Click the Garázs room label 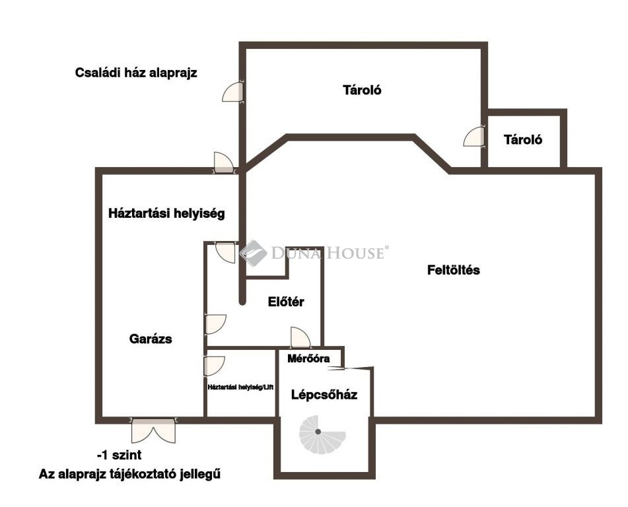pos(151,339)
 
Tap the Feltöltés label pos(454,270)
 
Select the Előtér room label pos(286,302)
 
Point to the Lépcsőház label pos(324,395)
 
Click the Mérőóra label pos(308,358)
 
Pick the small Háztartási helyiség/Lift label pos(240,388)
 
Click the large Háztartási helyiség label pos(166,213)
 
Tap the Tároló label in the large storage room pos(362,90)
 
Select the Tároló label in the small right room pos(523,139)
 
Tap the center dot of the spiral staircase pos(318,432)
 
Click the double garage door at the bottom pos(153,430)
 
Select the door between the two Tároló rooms pos(474,137)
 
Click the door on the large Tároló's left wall pos(233,92)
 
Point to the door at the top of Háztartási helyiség pos(225,163)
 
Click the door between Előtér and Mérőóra pos(300,337)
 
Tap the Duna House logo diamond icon pos(253,253)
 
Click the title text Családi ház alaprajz pos(136,73)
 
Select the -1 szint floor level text pos(120,456)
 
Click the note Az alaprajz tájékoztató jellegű pos(130,475)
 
